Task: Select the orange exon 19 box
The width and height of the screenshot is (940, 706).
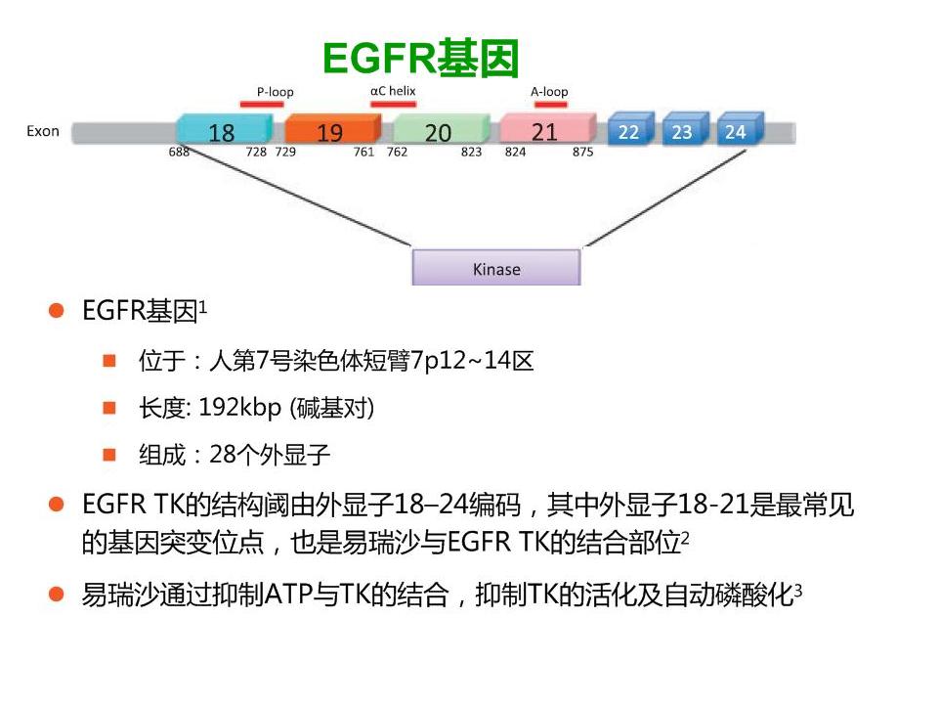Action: pos(330,131)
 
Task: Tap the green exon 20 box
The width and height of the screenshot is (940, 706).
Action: pos(439,131)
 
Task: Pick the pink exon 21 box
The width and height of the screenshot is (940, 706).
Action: pos(545,130)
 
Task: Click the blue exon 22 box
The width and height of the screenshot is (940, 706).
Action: pos(630,131)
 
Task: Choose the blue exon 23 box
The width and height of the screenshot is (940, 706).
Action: pos(683,131)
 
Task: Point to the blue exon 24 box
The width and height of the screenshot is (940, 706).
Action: pos(737,131)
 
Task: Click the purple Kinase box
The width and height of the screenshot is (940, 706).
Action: pos(496,268)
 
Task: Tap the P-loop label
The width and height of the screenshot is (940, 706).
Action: pos(275,92)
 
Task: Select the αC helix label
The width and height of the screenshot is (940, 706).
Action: pos(393,90)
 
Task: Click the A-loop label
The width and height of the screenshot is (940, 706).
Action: pos(549,92)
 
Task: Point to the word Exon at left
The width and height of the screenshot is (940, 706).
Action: pos(43,130)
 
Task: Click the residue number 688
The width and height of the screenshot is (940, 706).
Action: pos(179,153)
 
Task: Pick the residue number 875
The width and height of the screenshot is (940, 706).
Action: pos(582,153)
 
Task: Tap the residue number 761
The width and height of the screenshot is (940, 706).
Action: pos(363,153)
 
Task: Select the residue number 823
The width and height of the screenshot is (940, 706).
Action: pos(471,153)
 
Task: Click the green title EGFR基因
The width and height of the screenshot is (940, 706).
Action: pos(420,58)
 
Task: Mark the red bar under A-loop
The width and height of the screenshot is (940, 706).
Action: pos(549,103)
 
